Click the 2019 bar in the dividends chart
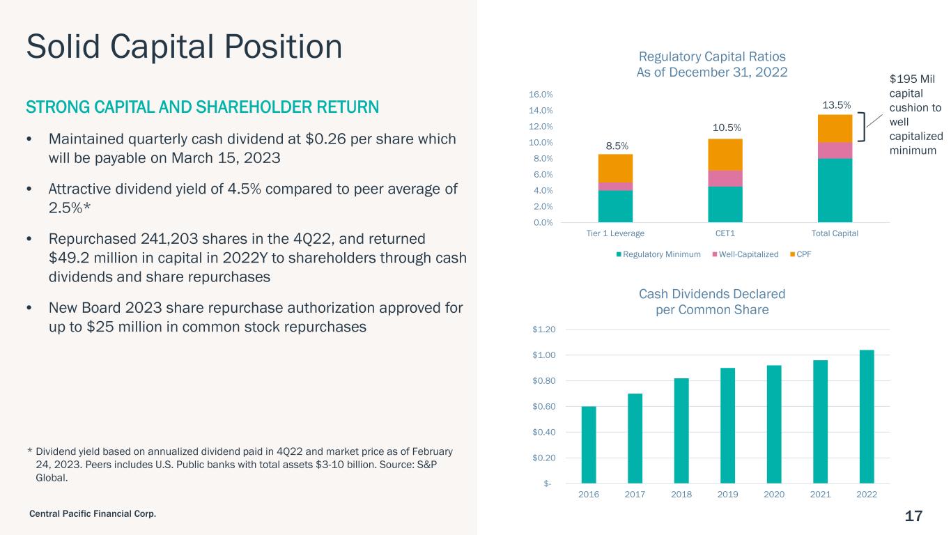[727, 426]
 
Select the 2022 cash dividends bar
[867, 417]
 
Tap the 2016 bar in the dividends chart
[589, 444]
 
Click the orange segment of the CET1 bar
[725, 155]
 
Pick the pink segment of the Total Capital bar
[835, 150]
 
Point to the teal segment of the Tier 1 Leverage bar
[616, 206]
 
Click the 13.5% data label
[837, 105]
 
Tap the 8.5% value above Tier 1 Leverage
[617, 146]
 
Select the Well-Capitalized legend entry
[745, 254]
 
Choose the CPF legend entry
[801, 254]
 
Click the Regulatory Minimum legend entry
[658, 254]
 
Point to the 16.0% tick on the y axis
[541, 94]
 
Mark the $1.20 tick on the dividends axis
[544, 329]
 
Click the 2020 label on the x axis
[774, 494]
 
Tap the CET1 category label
[725, 233]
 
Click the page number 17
[913, 516]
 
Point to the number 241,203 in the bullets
[169, 239]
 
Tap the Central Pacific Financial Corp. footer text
[93, 514]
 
